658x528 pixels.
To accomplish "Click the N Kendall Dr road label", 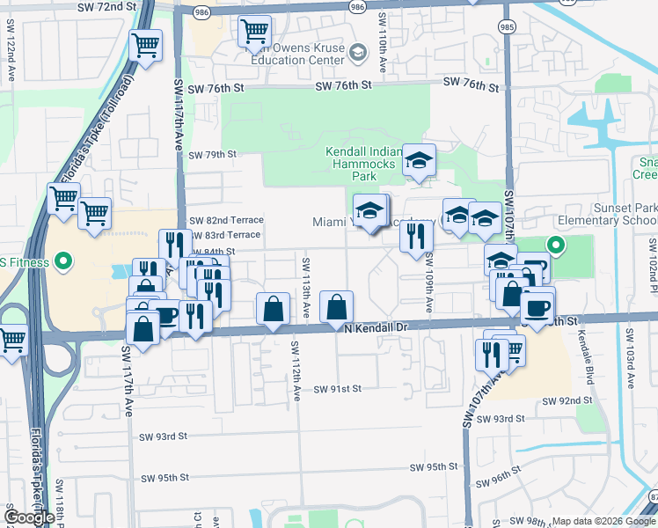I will click(x=377, y=327).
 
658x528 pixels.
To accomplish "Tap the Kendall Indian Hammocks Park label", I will click(x=363, y=164).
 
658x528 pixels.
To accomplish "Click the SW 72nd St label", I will click(x=113, y=6).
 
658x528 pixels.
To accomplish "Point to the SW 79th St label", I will click(x=212, y=154).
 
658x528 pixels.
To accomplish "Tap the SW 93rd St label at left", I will click(x=164, y=436).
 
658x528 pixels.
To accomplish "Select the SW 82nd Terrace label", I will click(x=226, y=220).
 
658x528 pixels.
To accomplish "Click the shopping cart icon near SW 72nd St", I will click(x=254, y=32).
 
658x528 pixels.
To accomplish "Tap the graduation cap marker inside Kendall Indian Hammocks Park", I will click(x=419, y=160).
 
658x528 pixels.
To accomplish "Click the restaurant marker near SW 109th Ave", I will click(x=416, y=236).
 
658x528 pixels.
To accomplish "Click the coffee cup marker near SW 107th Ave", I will click(x=537, y=308).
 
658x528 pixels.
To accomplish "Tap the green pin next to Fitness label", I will click(x=62, y=260).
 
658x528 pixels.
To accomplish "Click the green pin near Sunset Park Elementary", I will click(x=555, y=245).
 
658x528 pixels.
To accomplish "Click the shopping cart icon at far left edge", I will click(x=11, y=340).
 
